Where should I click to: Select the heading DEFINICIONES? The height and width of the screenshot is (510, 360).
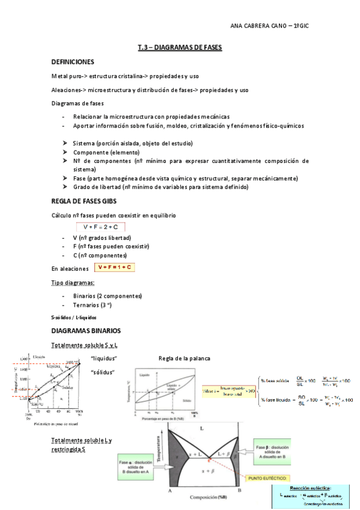click(72, 62)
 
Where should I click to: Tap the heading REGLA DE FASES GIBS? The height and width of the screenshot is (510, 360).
click(84, 201)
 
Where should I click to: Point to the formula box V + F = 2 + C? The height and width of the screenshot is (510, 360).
click(100, 227)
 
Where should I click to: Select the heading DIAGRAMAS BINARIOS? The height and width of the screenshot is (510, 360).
click(86, 331)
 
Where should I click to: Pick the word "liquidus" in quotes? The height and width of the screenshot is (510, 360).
click(103, 359)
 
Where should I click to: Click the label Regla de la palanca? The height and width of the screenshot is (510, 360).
click(185, 359)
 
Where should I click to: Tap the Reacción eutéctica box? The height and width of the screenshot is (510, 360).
click(313, 494)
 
